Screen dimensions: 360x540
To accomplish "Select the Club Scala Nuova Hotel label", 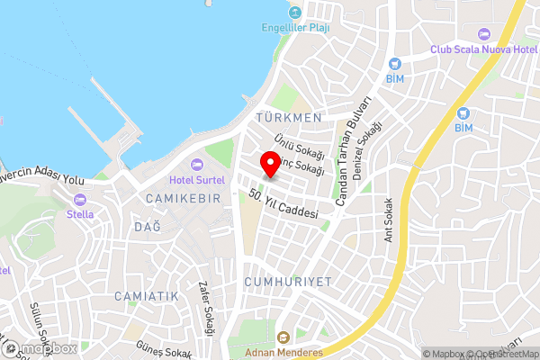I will (x=484, y=49).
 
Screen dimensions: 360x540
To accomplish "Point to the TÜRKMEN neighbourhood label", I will (x=288, y=118).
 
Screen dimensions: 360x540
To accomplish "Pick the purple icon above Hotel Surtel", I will (x=198, y=165).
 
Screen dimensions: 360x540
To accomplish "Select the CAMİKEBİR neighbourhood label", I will (x=181, y=197).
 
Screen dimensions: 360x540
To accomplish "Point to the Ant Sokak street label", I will (x=390, y=220).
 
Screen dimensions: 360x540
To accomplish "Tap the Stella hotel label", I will (x=80, y=214).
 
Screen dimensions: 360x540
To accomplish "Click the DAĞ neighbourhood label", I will (x=148, y=227).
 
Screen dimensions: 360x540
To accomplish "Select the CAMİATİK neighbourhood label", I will (x=147, y=295).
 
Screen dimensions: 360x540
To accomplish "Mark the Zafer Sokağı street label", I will (x=204, y=309).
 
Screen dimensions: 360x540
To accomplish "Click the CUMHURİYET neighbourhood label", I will (x=287, y=282).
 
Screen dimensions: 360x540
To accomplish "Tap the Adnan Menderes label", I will (x=283, y=352).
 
